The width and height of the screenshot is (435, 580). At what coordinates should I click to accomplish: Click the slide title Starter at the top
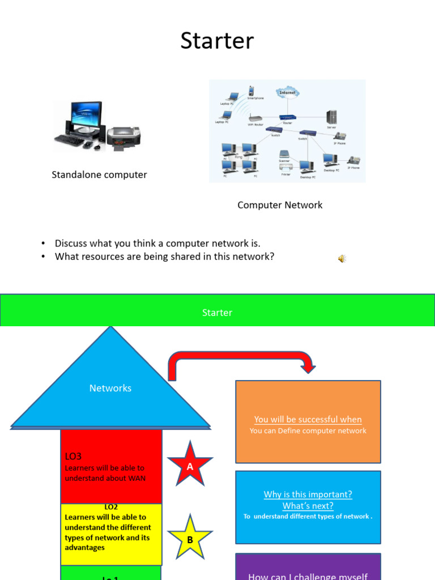(217, 41)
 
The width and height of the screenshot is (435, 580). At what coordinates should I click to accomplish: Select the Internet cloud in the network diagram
(288, 92)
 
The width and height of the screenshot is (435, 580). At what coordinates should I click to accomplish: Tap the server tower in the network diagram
(331, 117)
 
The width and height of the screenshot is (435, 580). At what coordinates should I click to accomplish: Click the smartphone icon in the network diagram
(251, 91)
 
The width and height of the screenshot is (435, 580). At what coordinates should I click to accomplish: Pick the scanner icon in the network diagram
(284, 155)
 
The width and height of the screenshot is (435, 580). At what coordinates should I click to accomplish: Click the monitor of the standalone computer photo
(86, 116)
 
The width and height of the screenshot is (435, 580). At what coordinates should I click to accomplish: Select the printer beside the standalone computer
(124, 136)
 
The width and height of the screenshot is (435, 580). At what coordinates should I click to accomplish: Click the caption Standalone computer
(99, 174)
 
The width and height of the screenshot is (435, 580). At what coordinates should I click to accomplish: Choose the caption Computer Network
(280, 205)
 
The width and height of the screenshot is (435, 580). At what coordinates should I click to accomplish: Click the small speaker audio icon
(342, 259)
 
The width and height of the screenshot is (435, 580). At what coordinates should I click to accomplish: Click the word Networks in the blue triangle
(110, 388)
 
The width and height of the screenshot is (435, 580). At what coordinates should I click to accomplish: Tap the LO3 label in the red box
(74, 456)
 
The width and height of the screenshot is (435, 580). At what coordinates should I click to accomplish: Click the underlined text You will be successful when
(308, 419)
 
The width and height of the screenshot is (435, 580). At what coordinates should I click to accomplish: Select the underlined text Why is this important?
(308, 494)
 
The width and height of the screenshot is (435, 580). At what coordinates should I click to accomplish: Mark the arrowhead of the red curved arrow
(308, 368)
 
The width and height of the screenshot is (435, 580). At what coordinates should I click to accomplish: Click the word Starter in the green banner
(217, 313)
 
